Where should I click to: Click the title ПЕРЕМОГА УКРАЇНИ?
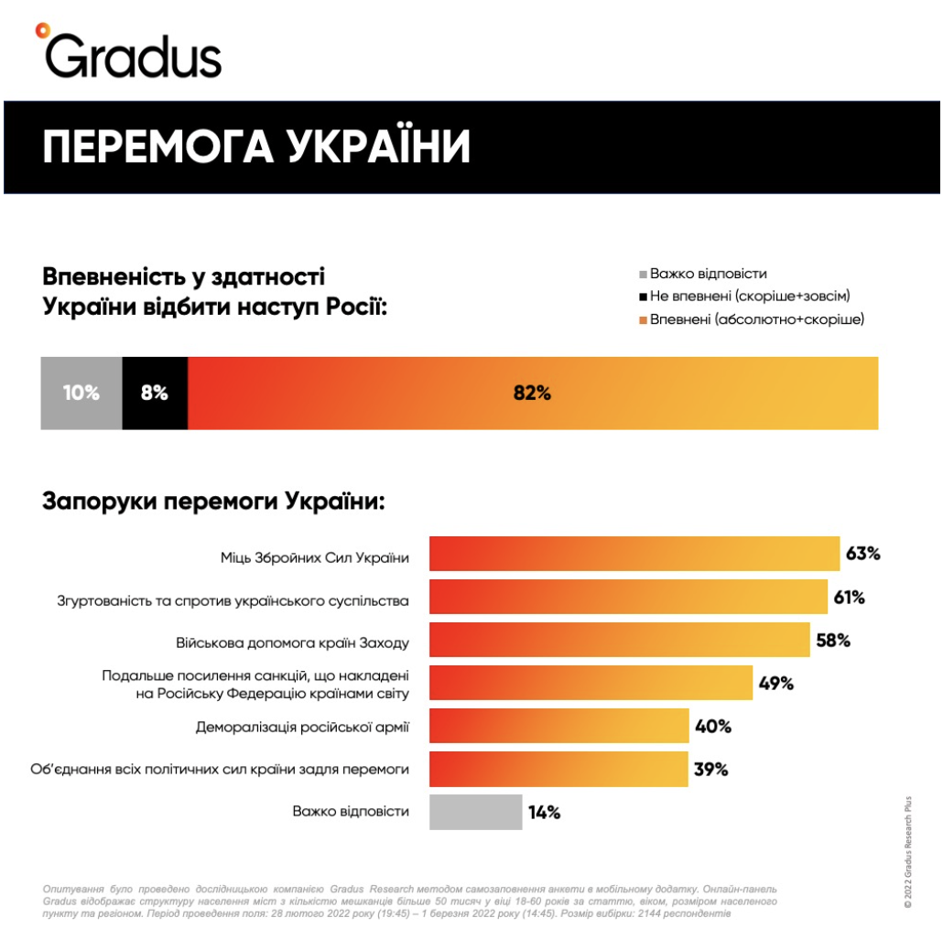click(x=256, y=146)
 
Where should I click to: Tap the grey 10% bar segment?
click(x=81, y=394)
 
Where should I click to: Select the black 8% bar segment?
click(x=154, y=394)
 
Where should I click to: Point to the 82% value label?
click(x=532, y=394)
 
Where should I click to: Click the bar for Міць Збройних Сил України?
click(x=634, y=554)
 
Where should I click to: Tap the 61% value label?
click(x=849, y=598)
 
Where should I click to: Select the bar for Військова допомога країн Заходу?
click(x=619, y=641)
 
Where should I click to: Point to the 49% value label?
click(x=775, y=684)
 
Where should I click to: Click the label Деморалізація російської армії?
click(x=302, y=728)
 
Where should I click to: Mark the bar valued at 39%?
click(x=558, y=770)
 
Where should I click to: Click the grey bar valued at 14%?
click(x=475, y=812)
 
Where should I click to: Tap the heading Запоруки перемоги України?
click(x=213, y=502)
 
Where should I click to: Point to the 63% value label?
click(x=862, y=554)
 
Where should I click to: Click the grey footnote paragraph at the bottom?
click(x=412, y=901)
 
